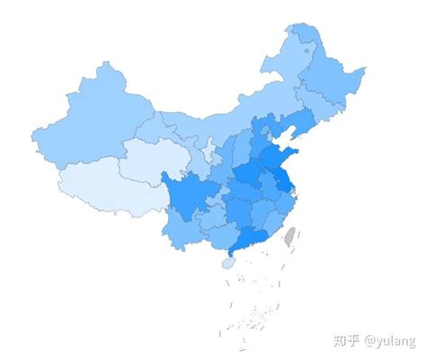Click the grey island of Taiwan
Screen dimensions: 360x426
coord(289,237)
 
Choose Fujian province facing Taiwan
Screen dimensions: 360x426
coord(273,221)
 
